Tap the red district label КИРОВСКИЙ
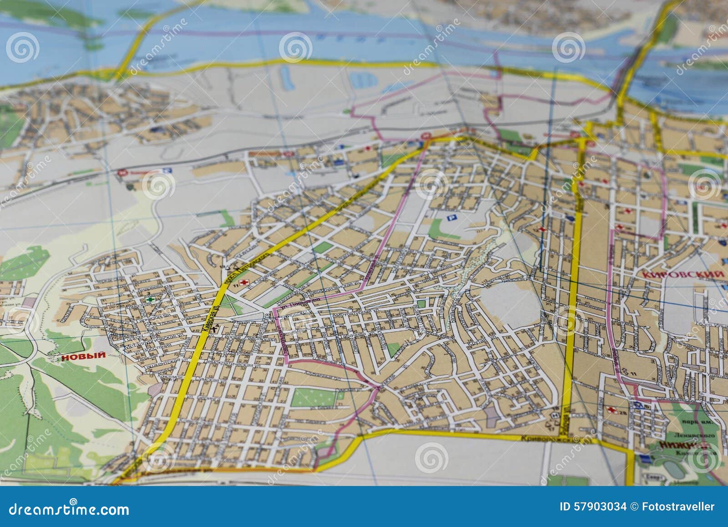682,275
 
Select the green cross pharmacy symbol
150,300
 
